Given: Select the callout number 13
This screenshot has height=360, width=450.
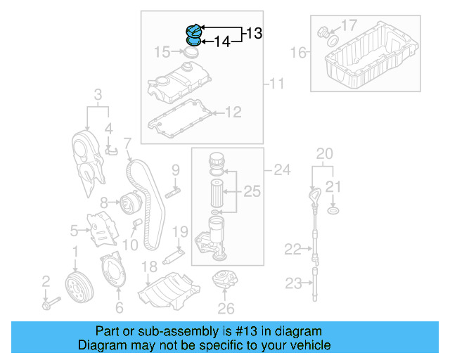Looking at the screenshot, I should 253,33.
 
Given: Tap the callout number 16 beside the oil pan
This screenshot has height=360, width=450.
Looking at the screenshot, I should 298,52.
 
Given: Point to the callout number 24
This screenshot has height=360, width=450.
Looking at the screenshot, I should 281,169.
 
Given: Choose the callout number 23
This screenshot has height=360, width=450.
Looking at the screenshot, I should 292,283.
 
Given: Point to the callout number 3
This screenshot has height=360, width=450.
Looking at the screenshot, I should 98,94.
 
